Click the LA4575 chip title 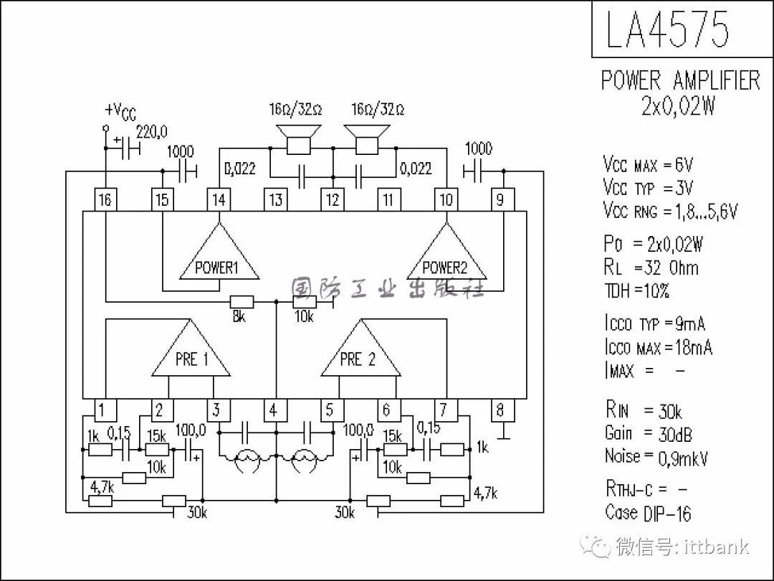coord(667,29)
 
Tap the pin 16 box coord(105,199)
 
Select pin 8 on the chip coord(501,410)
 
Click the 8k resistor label coord(239,316)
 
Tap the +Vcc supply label coord(120,111)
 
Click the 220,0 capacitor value coord(151,132)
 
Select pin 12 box coord(332,199)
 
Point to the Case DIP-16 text coord(648,513)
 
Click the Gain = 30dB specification coord(648,433)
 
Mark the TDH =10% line coord(637,291)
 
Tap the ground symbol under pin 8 coord(501,434)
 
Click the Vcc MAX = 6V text coord(648,165)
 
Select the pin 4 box coord(274,410)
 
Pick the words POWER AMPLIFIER coord(680,80)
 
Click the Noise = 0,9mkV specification coord(656,456)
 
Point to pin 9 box coord(501,199)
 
